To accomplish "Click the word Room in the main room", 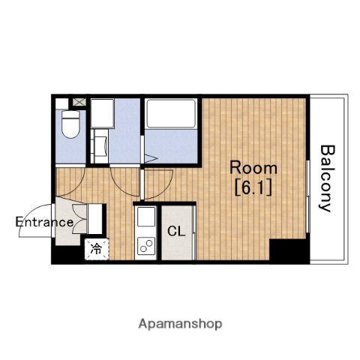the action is pyautogui.click(x=253, y=168).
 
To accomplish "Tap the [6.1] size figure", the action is pyautogui.click(x=253, y=188).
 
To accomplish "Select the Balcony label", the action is pyautogui.click(x=327, y=178).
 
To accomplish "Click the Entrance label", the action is pyautogui.click(x=44, y=222).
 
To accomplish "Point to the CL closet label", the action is pyautogui.click(x=176, y=232).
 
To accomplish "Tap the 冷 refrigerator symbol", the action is pyautogui.click(x=96, y=249).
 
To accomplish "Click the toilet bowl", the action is pyautogui.click(x=71, y=124).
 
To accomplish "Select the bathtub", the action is pyautogui.click(x=171, y=114).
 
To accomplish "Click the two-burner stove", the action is pyautogui.click(x=146, y=246).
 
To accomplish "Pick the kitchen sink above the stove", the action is pyautogui.click(x=146, y=217).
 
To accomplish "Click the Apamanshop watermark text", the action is pyautogui.click(x=180, y=324).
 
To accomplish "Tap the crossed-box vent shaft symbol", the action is pyautogui.click(x=79, y=102).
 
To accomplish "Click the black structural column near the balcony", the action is pyautogui.click(x=289, y=250).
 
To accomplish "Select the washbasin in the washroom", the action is pyautogui.click(x=100, y=146).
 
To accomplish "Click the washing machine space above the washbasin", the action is pyautogui.click(x=102, y=113).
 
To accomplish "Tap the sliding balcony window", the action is pyautogui.click(x=308, y=196).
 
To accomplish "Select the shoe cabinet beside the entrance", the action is pyautogui.click(x=95, y=219).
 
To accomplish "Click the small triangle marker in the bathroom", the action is pyautogui.click(x=151, y=158).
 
